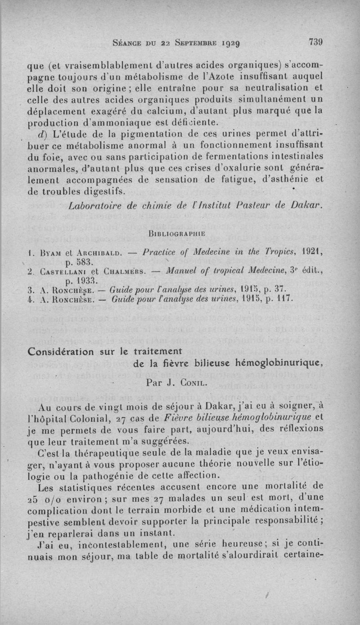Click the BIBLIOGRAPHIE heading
tap(176, 234)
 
